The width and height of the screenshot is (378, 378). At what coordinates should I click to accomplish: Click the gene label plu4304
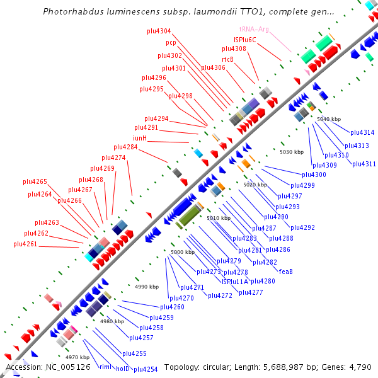pos(159,31)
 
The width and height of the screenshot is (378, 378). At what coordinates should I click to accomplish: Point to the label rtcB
pos(227,59)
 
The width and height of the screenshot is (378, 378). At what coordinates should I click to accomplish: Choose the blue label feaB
pos(285,272)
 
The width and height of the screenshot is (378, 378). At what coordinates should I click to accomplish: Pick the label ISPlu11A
pos(235,281)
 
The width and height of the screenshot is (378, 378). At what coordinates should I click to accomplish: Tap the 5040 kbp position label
pos(328,119)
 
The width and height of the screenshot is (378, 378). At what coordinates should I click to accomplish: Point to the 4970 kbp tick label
pos(78,357)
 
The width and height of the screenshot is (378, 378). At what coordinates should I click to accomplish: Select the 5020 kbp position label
pos(255,185)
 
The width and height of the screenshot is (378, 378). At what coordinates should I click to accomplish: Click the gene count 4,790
pos(359,367)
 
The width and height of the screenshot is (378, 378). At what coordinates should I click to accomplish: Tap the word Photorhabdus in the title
pos(72,12)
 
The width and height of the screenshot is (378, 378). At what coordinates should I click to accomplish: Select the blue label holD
pos(123,369)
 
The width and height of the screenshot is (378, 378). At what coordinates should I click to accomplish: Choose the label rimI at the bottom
pos(105,368)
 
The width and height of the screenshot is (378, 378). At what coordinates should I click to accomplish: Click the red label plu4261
pos(25,244)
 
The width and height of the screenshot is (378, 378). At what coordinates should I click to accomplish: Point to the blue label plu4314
pos(362,132)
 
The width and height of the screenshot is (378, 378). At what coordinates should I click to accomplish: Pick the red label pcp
pos(171,43)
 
